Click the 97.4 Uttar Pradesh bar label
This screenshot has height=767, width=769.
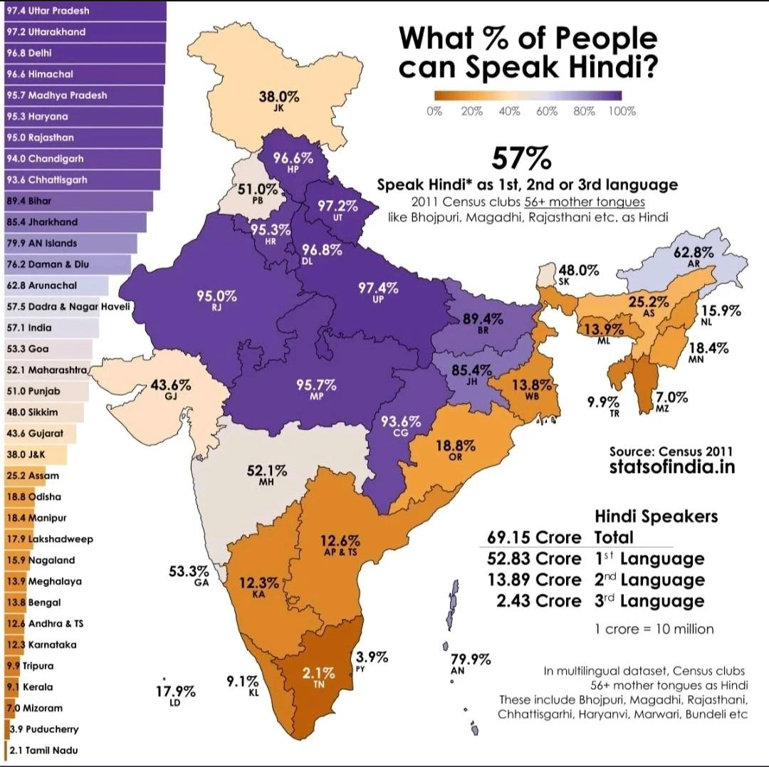48,11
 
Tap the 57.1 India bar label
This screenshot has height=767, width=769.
29,328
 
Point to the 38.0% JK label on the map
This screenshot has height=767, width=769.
278,100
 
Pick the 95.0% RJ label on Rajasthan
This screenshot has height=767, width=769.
216,300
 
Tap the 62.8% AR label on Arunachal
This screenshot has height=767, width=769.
694,256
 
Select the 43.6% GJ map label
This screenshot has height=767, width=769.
171,389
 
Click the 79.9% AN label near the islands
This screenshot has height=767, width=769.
471,664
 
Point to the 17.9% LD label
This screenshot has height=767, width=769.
175,695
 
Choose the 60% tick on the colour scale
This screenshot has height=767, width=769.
546,112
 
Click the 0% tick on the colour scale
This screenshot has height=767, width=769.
434,112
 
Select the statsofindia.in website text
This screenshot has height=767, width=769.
671,468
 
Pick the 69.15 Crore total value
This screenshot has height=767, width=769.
534,537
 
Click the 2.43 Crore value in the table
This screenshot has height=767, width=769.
539,601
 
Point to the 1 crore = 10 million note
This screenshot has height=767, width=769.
654,629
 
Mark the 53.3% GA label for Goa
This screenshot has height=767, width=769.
189,575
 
